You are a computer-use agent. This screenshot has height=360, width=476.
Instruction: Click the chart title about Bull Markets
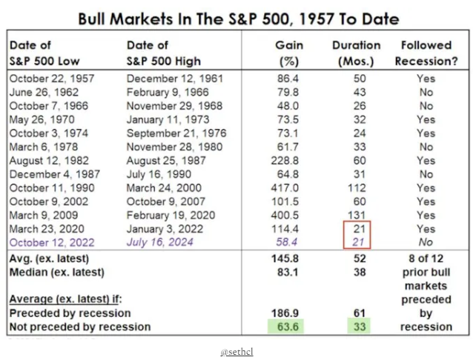click(x=237, y=19)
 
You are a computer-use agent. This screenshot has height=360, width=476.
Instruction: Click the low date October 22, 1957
click(x=50, y=77)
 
